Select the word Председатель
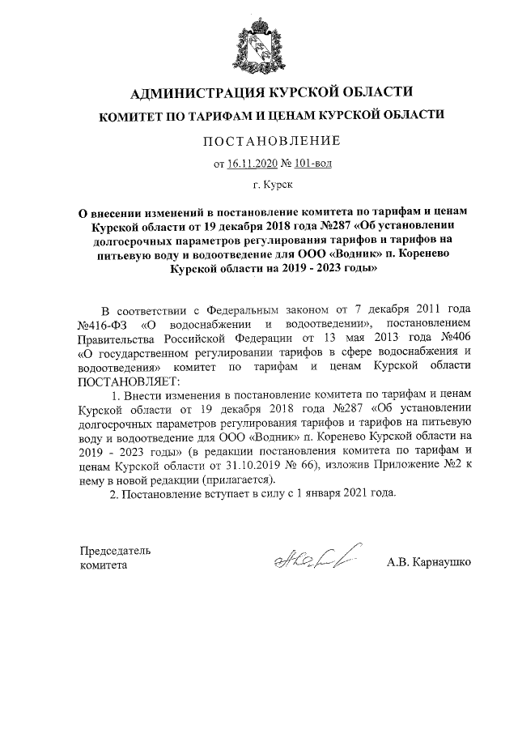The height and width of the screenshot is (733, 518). click(x=115, y=551)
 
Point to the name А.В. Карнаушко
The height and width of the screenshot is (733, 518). click(x=429, y=560)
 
